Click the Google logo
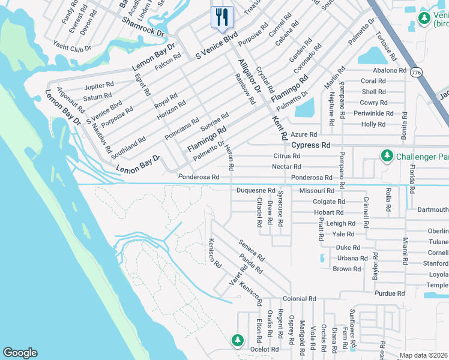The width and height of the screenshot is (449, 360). point(20,353)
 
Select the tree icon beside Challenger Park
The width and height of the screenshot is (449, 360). point(387,156)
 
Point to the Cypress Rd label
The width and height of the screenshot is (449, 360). point(310,145)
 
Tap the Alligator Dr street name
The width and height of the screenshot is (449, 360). point(248,76)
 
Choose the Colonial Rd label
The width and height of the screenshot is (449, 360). point(299,299)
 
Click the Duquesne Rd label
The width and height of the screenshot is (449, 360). point(255,190)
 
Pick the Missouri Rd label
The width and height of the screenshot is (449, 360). point(312,190)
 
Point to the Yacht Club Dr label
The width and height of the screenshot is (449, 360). point(71,47)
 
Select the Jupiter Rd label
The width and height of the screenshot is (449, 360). point(99,85)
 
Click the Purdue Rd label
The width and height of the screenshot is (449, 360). point(389,293)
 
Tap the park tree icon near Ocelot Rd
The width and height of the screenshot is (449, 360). point(238,340)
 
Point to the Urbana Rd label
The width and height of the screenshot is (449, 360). point(352,258)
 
